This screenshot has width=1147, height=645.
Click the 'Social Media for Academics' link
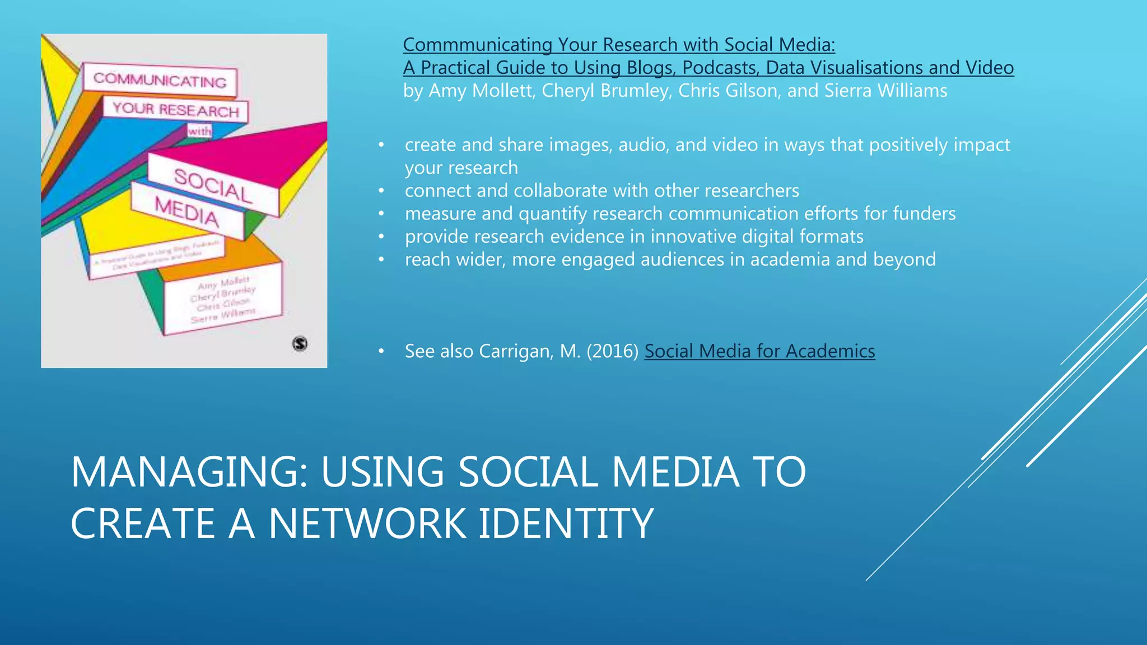tap(759, 351)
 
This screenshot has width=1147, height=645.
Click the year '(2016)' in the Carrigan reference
tap(613, 351)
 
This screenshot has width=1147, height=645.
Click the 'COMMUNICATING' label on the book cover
tap(160, 80)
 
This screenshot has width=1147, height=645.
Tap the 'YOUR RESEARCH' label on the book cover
tap(176, 110)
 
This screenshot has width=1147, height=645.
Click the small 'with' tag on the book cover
tap(199, 131)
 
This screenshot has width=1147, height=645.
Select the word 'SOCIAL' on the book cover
tap(213, 185)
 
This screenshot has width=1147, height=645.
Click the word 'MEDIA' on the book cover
tap(187, 212)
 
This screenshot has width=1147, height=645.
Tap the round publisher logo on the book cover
tap(300, 343)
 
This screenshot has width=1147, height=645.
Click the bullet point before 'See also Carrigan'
tap(381, 351)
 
